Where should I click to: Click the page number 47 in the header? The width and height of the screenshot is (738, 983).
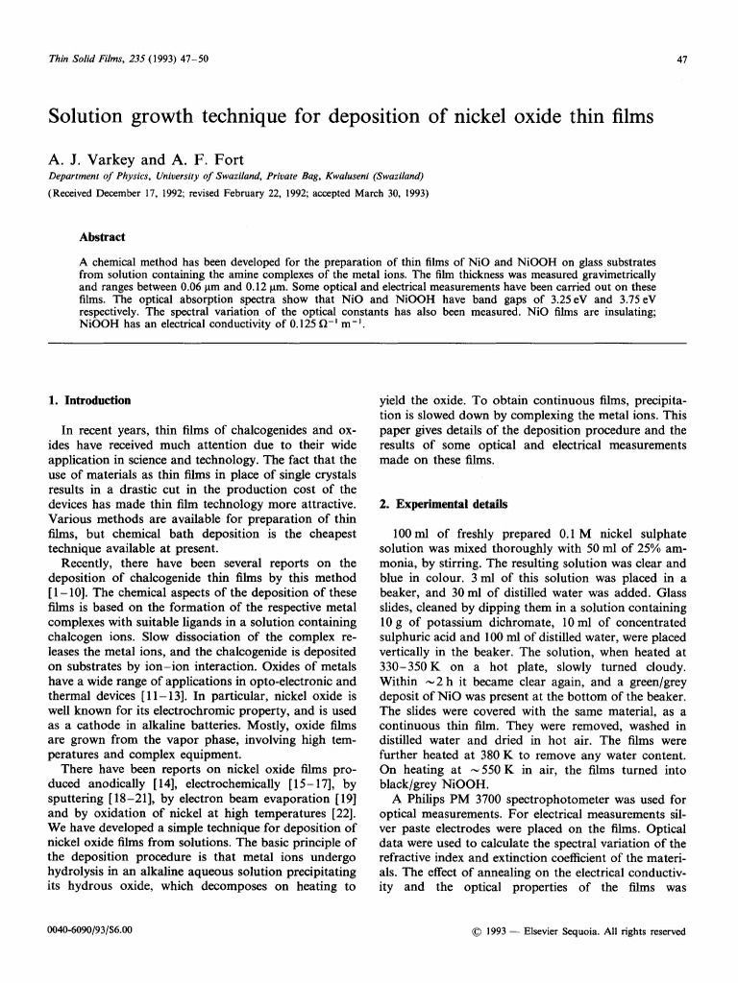pyautogui.click(x=681, y=60)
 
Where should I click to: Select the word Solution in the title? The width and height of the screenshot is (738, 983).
pyautogui.click(x=92, y=117)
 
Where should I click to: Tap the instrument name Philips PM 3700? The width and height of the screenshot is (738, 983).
pyautogui.click(x=461, y=849)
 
